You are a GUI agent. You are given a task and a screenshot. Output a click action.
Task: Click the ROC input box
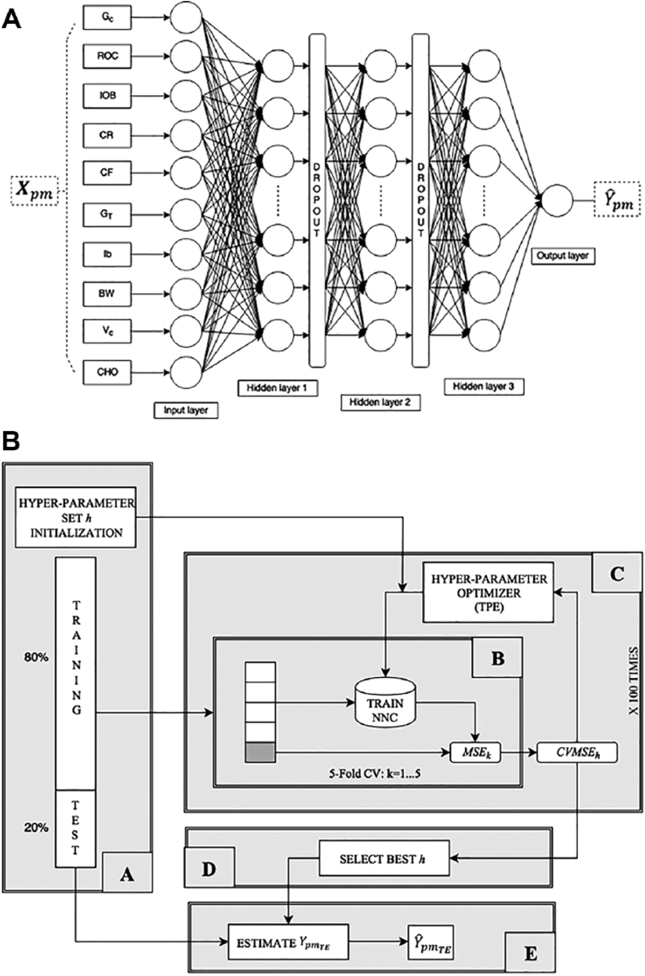[107, 56]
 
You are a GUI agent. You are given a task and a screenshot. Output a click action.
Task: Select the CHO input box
[107, 372]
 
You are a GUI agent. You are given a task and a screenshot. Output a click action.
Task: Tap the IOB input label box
[107, 96]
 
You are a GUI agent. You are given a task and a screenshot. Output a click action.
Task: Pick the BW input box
[107, 293]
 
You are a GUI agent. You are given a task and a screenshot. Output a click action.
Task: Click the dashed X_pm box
[34, 192]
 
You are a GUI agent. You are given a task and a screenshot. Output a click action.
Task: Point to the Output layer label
[563, 257]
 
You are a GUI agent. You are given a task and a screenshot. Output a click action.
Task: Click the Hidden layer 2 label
[380, 402]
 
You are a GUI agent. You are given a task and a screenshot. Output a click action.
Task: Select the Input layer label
[186, 410]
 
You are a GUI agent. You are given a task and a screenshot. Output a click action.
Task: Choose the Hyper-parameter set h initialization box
[76, 517]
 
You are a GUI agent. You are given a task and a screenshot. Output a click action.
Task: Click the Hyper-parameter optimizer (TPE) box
[488, 592]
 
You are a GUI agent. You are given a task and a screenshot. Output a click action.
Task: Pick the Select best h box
[384, 859]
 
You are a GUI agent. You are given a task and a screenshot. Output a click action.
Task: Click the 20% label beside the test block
[36, 828]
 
